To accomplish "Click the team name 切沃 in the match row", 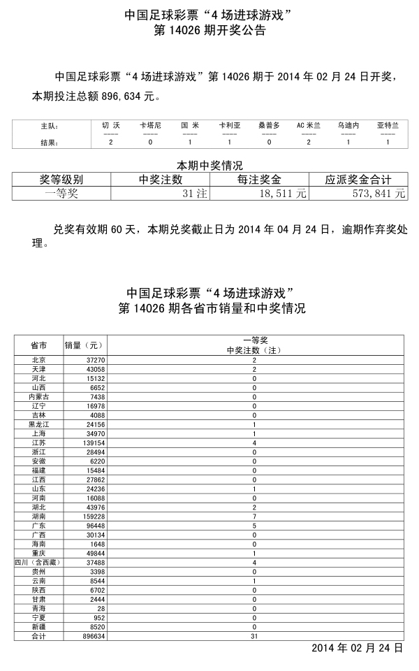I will coord(111,125).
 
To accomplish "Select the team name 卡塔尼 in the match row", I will coord(150,125).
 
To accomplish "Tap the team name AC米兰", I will coord(309,125).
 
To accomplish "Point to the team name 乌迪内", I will coord(348,125).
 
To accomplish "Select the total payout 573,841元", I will coord(378,194).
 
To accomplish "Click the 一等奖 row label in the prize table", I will coord(61,194).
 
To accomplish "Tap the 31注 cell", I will coord(195,194).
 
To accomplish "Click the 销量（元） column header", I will coord(84,345).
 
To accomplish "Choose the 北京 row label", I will coord(39,359).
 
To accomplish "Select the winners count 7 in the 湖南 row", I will coord(254,517).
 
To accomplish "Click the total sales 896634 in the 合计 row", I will coord(92,637).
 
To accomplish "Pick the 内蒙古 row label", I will coord(39,396).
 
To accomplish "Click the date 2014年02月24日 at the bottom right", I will coord(357,648).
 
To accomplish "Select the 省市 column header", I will coord(39,345).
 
